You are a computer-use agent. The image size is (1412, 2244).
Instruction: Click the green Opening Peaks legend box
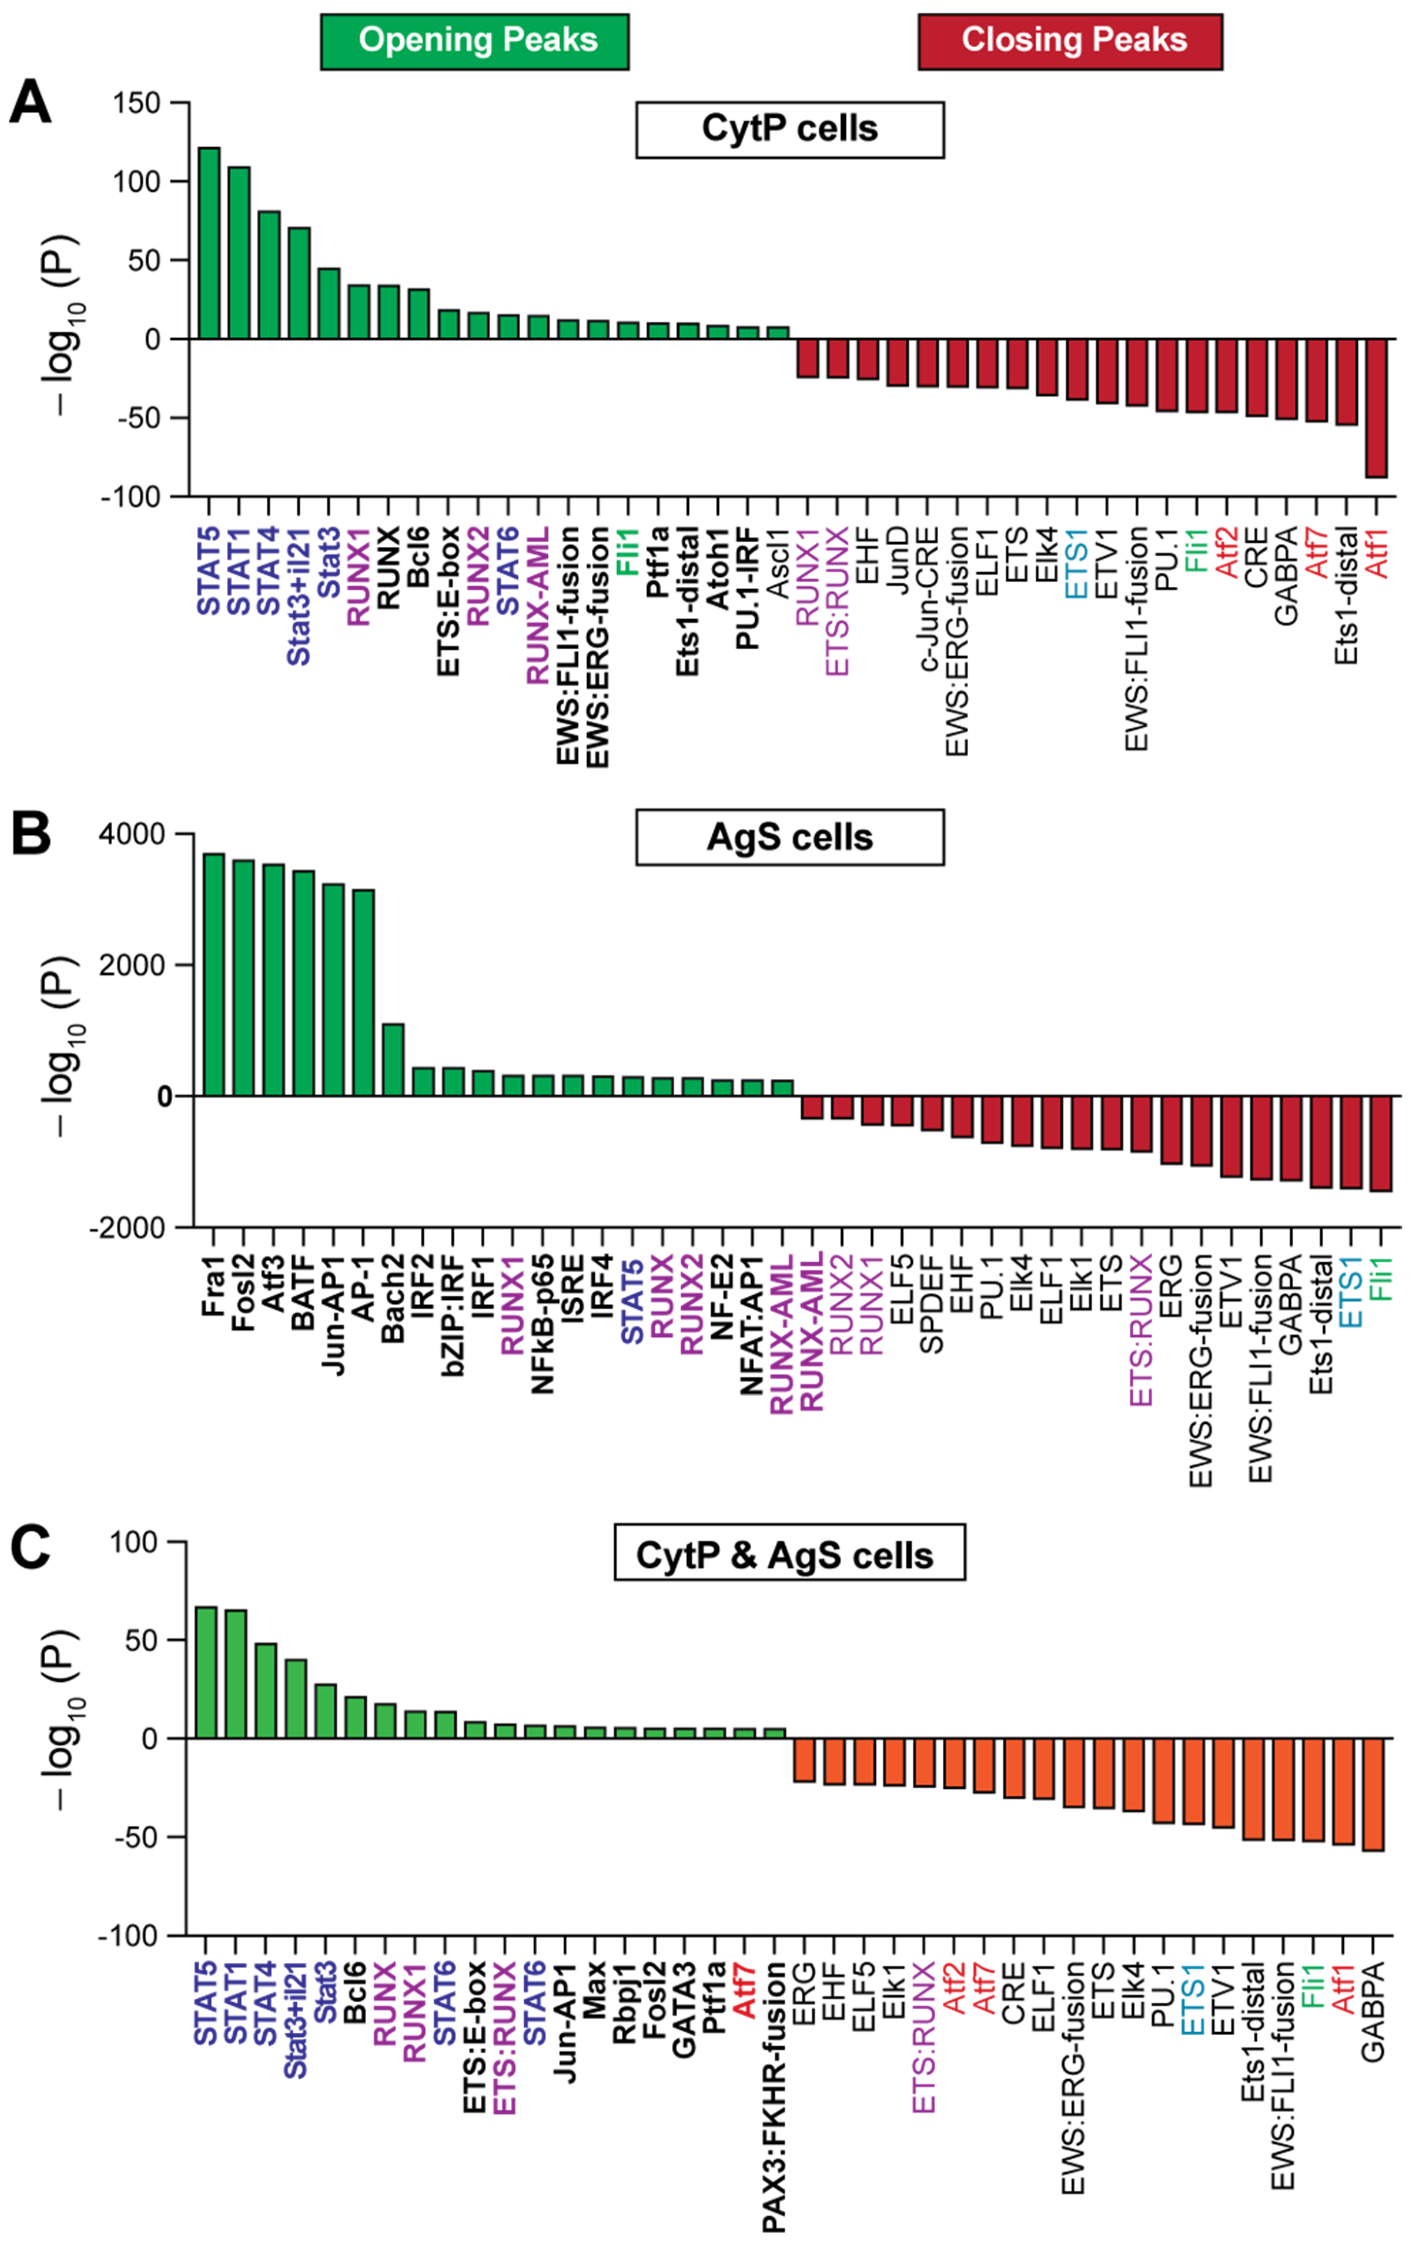tap(475, 41)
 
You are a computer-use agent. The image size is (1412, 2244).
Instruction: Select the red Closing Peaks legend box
tap(1070, 41)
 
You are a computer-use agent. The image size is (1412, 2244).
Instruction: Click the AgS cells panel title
tap(790, 837)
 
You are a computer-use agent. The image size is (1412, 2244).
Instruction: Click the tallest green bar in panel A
tap(209, 242)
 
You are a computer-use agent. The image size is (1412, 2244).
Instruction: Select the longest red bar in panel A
tap(1376, 408)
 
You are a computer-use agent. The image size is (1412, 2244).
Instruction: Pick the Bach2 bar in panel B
tap(393, 1060)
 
